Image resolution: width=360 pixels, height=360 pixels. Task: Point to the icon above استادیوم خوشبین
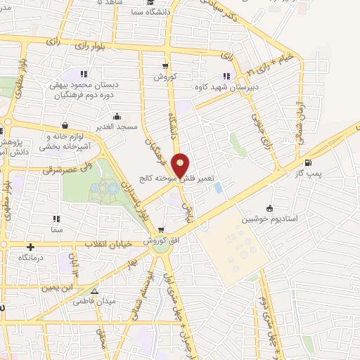pyautogui.click(x=269, y=207)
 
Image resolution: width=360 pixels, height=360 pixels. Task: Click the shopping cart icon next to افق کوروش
pyautogui.click(x=162, y=230)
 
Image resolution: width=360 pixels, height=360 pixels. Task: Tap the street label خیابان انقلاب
pyautogui.click(x=109, y=245)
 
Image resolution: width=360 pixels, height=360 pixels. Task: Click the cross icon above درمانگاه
pyautogui.click(x=30, y=247)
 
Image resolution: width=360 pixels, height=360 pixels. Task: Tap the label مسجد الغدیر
pyautogui.click(x=117, y=127)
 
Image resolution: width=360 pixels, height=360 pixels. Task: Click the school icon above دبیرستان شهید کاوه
pyautogui.click(x=226, y=76)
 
